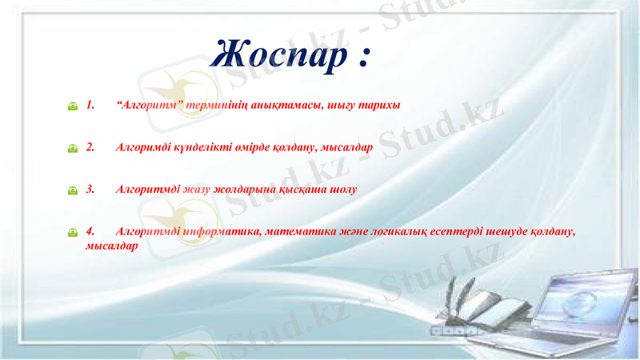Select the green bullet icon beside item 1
[73, 106]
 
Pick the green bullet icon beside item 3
[73, 190]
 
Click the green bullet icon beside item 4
[73, 232]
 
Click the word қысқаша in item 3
[306, 190]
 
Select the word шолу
[345, 190]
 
